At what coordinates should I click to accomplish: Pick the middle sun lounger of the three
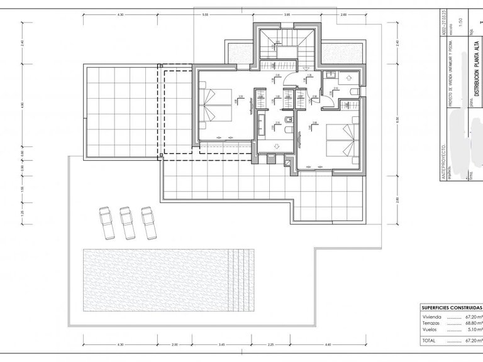pyautogui.click(x=127, y=222)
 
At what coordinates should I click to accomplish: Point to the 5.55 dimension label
pyautogui.click(x=204, y=14)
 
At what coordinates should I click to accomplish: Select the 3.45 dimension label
pyautogui.click(x=221, y=345)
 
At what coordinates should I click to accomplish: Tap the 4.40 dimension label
pyautogui.click(x=328, y=345)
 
